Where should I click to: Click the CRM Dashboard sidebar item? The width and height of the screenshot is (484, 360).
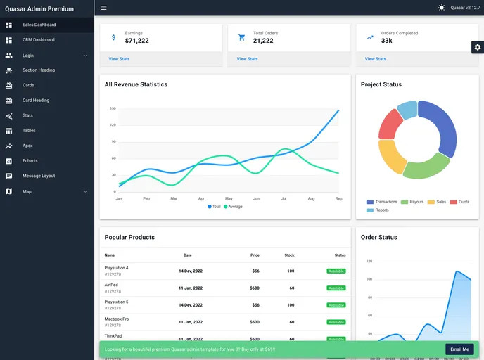coord(38,40)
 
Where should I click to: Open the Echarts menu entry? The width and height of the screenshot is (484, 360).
coord(30,161)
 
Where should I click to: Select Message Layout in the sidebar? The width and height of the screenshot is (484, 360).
coord(38,176)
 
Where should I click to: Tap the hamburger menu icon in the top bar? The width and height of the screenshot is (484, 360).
coord(103,8)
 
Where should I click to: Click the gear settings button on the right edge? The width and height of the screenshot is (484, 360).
coord(478,47)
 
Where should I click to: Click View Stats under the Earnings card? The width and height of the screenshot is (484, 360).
coord(119,59)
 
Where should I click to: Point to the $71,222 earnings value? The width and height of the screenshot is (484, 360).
coord(136,41)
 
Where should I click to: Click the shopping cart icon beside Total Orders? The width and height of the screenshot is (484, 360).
coord(241,37)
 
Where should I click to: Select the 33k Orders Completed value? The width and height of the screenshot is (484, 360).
coord(387,41)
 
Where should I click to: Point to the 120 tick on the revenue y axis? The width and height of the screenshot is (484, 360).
coord(113,125)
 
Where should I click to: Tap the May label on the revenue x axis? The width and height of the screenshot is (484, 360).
coord(229,199)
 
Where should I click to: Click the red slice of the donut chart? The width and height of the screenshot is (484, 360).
coord(389,124)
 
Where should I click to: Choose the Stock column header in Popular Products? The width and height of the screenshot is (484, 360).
coord(289,255)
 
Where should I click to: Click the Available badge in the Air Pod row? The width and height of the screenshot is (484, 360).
coord(336,288)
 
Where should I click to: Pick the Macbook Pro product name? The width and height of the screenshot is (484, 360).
coord(117,319)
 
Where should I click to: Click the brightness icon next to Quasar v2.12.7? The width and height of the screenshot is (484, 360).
coord(442,8)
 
